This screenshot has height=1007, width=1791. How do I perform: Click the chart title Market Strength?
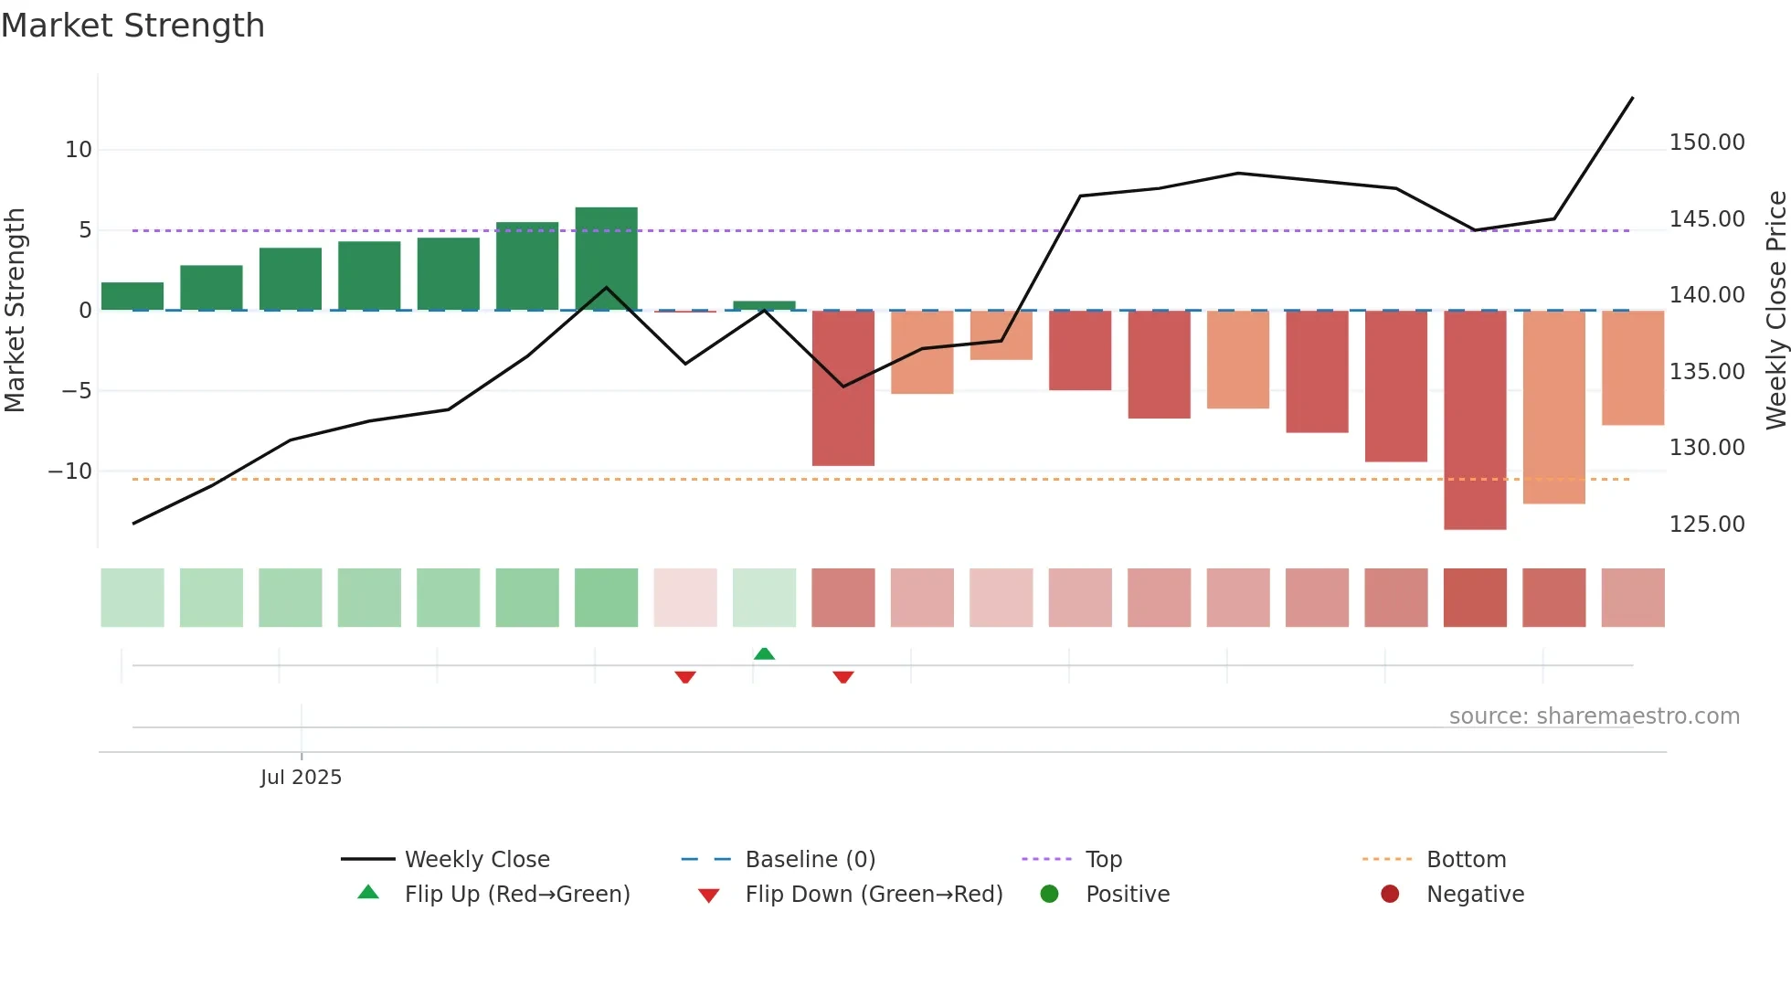coord(132,26)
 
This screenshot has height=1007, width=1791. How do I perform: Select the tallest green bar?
coord(606,259)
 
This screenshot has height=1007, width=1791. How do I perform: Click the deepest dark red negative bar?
coord(1475,419)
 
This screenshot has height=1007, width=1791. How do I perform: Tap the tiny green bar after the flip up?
coord(764,305)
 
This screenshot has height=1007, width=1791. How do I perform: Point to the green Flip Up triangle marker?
coord(764,653)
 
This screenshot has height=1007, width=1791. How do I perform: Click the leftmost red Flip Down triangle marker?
coord(685,677)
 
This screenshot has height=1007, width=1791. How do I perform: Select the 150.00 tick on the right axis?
coord(1706,143)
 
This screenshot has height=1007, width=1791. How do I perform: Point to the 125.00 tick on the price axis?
coord(1706,525)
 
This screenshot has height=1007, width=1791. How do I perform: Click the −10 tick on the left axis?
coord(70,472)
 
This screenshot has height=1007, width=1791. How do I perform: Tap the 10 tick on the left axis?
coord(79,150)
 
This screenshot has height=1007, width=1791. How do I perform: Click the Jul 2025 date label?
coord(301,778)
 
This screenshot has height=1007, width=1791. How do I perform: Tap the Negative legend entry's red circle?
coord(1390,895)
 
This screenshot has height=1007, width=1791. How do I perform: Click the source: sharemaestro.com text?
coord(1594,716)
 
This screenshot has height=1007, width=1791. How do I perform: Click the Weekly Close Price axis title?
coord(1775,310)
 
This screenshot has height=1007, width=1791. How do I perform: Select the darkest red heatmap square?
coord(1475,598)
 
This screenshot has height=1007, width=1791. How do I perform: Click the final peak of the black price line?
coord(1632,98)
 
